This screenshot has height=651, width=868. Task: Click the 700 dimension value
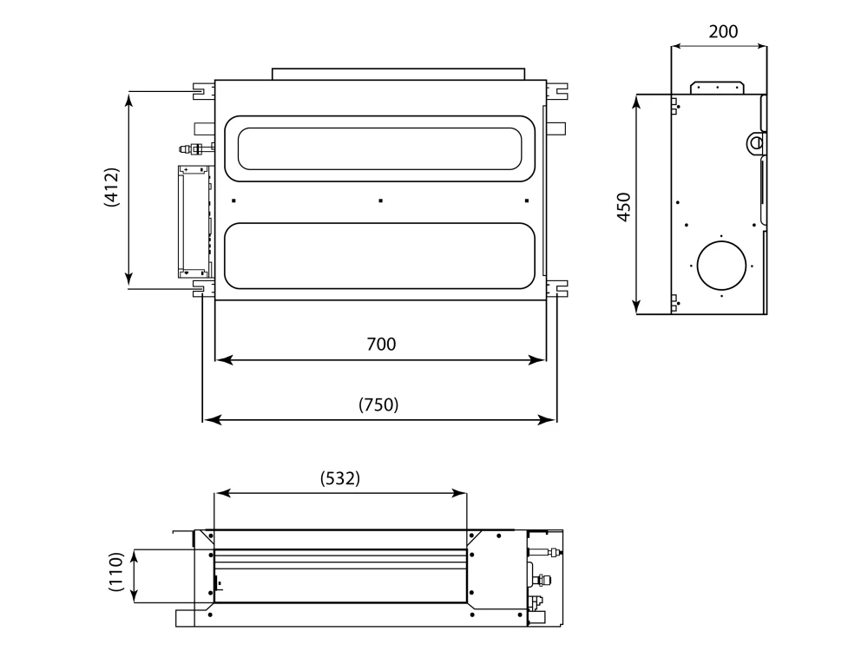point(381,345)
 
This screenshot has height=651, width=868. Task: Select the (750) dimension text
point(378,404)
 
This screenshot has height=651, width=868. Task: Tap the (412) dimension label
point(112,187)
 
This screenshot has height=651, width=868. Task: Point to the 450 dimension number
point(624,207)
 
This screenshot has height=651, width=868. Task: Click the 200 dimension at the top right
point(723,31)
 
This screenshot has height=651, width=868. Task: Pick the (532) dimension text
point(340,478)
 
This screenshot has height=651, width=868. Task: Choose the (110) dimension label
point(115,571)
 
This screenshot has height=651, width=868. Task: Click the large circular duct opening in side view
point(721,266)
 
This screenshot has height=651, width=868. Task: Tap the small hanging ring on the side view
point(755,142)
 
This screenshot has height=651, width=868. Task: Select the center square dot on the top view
point(380,201)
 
